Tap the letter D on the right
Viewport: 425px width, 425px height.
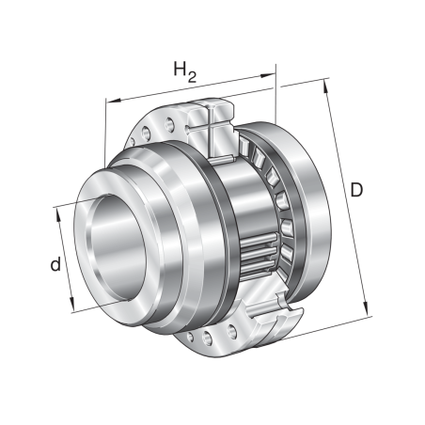click(x=357, y=191)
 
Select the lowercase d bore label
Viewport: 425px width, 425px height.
click(x=56, y=266)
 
